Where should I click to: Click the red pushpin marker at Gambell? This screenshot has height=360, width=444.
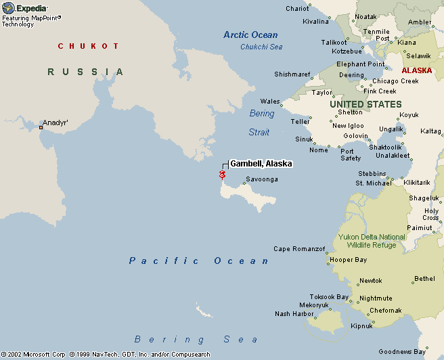[222, 175]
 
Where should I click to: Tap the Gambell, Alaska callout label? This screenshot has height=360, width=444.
[261, 164]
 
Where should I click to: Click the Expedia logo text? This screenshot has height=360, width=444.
[31, 7]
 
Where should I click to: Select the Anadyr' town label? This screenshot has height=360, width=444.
[56, 123]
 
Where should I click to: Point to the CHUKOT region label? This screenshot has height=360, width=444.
[88, 46]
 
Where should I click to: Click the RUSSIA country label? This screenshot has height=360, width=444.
[86, 72]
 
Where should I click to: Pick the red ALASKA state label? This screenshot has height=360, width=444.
[416, 70]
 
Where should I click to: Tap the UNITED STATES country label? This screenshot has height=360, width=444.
[365, 104]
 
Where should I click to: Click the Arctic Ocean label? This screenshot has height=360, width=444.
[250, 35]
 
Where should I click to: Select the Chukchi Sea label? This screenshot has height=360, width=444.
[261, 47]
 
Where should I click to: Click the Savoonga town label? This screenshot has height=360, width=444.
[261, 179]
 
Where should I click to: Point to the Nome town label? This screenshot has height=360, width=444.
[319, 150]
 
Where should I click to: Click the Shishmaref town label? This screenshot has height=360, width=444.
[292, 74]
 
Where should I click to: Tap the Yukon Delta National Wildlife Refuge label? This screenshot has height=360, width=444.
[372, 241]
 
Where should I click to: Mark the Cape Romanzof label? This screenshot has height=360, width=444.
[299, 249]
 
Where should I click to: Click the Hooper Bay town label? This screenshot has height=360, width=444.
[348, 260]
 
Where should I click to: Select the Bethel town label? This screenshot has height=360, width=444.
[424, 278]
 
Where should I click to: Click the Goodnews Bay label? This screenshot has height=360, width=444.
[402, 351]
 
